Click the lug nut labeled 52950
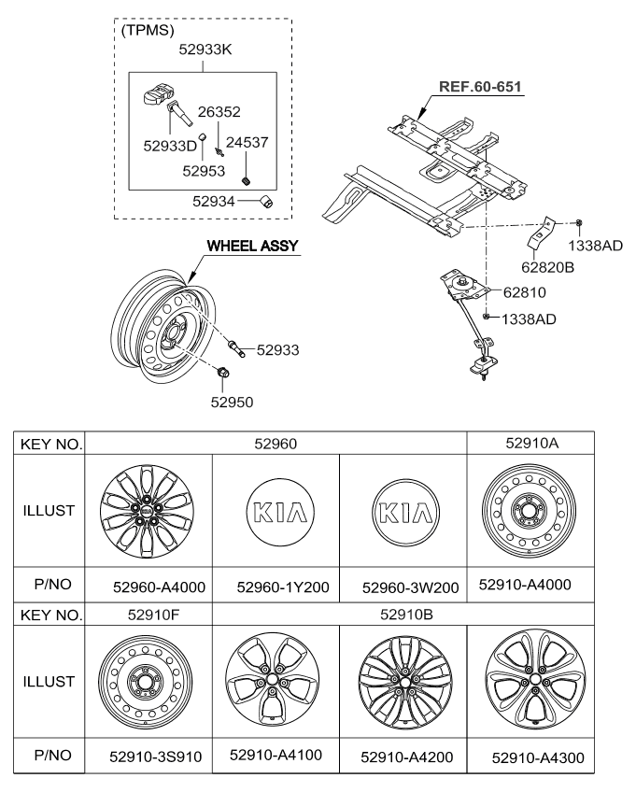(224, 375)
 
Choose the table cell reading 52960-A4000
(149, 586)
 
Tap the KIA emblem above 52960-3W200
(403, 511)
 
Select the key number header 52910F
(148, 615)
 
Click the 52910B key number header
(403, 615)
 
